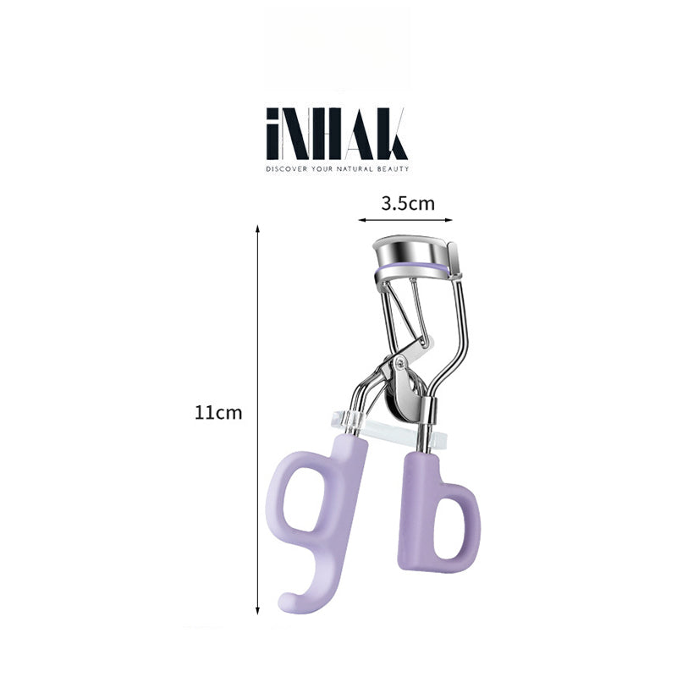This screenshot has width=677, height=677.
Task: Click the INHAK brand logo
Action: click(337, 135)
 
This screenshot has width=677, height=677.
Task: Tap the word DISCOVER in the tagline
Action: click(285, 169)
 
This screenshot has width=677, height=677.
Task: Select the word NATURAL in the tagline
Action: click(354, 169)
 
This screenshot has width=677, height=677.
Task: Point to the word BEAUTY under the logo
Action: click(394, 169)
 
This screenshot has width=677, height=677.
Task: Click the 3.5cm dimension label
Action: click(407, 204)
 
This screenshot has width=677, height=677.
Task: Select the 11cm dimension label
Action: click(218, 413)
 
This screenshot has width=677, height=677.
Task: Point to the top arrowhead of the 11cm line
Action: click(257, 228)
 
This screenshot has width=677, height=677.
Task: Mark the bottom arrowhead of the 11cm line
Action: click(257, 611)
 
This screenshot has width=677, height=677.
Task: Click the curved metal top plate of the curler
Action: click(408, 248)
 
